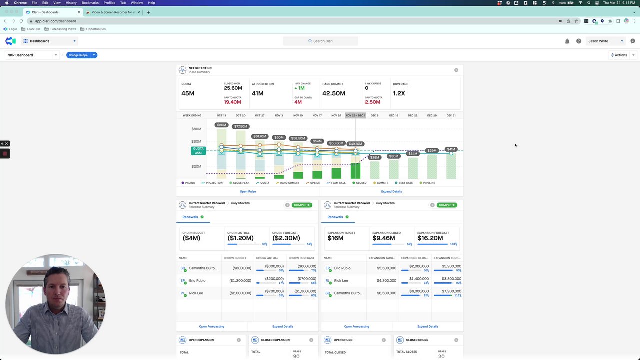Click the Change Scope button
[78, 55]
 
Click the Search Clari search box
[320, 41]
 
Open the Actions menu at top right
[621, 55]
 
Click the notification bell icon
[567, 41]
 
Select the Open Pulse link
[248, 191]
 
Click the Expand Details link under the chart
[391, 191]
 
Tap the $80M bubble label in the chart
[221, 125]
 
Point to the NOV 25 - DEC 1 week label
[355, 115]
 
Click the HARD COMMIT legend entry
[289, 183]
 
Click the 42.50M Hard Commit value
[334, 93]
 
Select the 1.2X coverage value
[399, 93]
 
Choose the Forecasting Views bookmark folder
[63, 29]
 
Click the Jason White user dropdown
[605, 41]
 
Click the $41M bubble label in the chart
[451, 149]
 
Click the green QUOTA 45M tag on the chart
[198, 151]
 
